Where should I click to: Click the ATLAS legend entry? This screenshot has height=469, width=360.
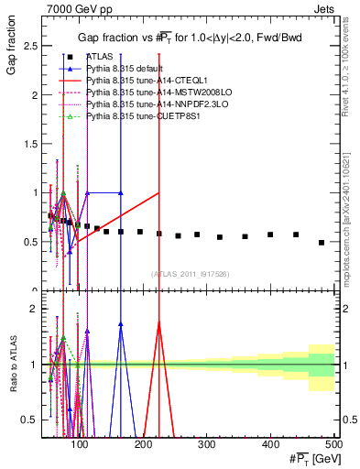coord(101,57)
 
